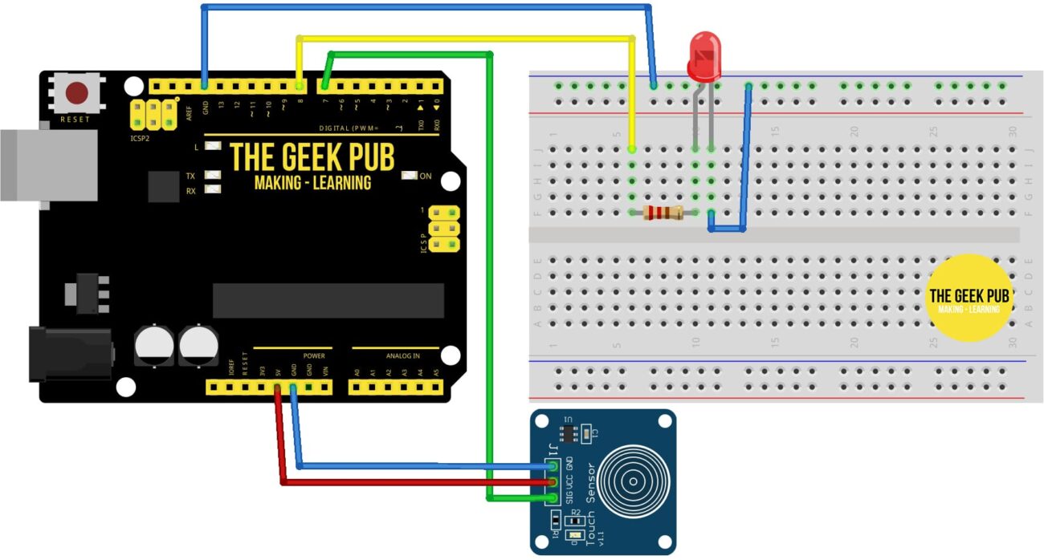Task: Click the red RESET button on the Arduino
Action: tap(77, 93)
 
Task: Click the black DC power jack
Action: tap(68, 352)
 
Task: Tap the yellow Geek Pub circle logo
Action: tap(969, 298)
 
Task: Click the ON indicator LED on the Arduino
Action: tap(410, 176)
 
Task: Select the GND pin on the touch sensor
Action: tap(552, 466)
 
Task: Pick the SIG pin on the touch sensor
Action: tap(552, 497)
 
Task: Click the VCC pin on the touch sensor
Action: tap(552, 482)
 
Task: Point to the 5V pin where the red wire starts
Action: tap(278, 388)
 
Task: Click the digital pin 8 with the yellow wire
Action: tap(299, 86)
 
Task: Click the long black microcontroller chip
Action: tap(328, 300)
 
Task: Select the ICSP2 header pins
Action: tap(153, 114)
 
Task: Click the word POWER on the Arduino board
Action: tap(313, 355)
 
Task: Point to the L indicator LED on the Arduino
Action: tap(213, 147)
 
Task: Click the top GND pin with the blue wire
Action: tap(205, 86)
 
